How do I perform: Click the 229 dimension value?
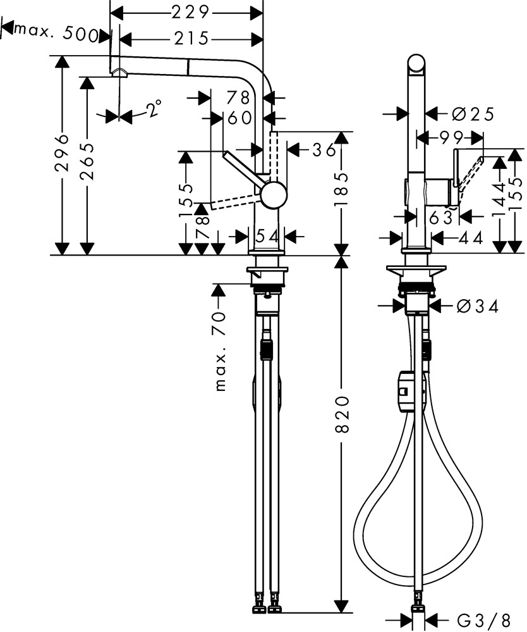[190, 13]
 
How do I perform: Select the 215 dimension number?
[191, 39]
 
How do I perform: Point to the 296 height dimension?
[62, 154]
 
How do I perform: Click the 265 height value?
[87, 161]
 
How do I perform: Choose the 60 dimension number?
[239, 118]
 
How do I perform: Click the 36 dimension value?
[324, 150]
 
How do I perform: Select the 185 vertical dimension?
[342, 190]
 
